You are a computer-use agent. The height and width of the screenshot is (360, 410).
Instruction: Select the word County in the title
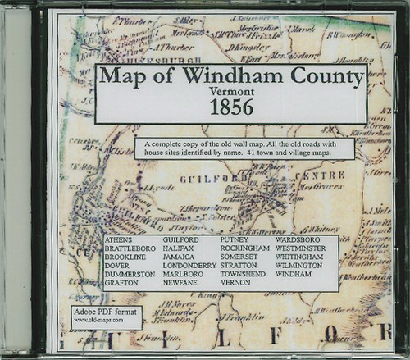click(319, 77)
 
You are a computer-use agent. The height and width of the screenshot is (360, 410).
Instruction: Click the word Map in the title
click(122, 77)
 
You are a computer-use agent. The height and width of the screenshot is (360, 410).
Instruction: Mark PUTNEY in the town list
click(235, 239)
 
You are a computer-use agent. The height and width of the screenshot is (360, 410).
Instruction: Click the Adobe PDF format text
click(104, 313)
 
